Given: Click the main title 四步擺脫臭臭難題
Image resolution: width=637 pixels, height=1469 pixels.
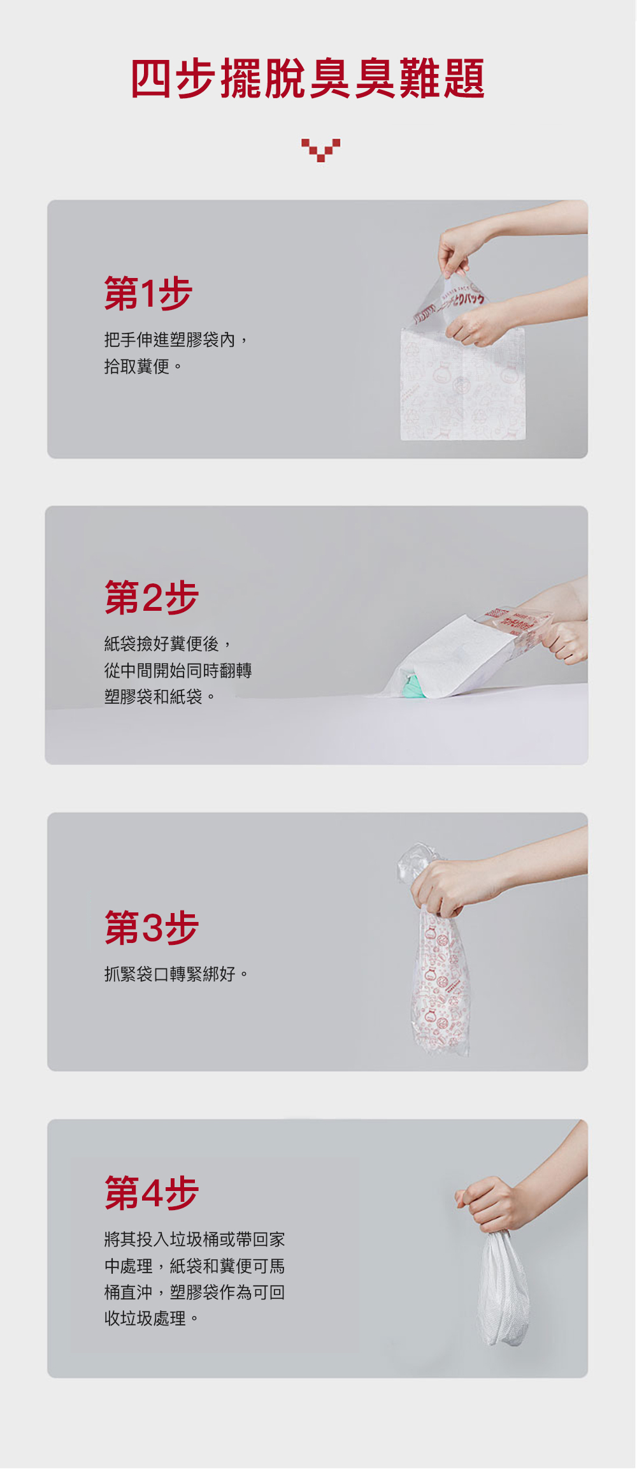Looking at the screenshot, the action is [308, 78].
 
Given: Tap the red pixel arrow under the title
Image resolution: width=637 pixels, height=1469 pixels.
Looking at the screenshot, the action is [320, 150].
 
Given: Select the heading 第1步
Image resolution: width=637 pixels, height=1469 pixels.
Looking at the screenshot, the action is [148, 293].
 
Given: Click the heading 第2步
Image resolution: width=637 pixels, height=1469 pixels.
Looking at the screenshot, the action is [152, 597].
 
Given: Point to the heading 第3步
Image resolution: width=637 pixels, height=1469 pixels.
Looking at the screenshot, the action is [152, 927].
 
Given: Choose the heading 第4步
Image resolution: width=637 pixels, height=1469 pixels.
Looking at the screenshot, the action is [152, 1193].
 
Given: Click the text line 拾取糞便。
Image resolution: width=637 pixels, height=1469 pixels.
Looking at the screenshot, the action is [143, 367].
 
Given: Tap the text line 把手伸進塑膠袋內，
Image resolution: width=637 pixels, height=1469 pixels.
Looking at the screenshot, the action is [176, 340].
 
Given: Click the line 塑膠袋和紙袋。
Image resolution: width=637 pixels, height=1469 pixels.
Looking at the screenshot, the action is [160, 697].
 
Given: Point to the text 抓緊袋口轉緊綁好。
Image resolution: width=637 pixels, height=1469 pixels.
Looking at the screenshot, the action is [176, 974].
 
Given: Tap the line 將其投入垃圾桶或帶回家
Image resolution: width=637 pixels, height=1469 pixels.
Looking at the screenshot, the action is [195, 1239].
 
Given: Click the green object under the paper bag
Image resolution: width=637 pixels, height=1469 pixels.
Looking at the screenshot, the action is [414, 686].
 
